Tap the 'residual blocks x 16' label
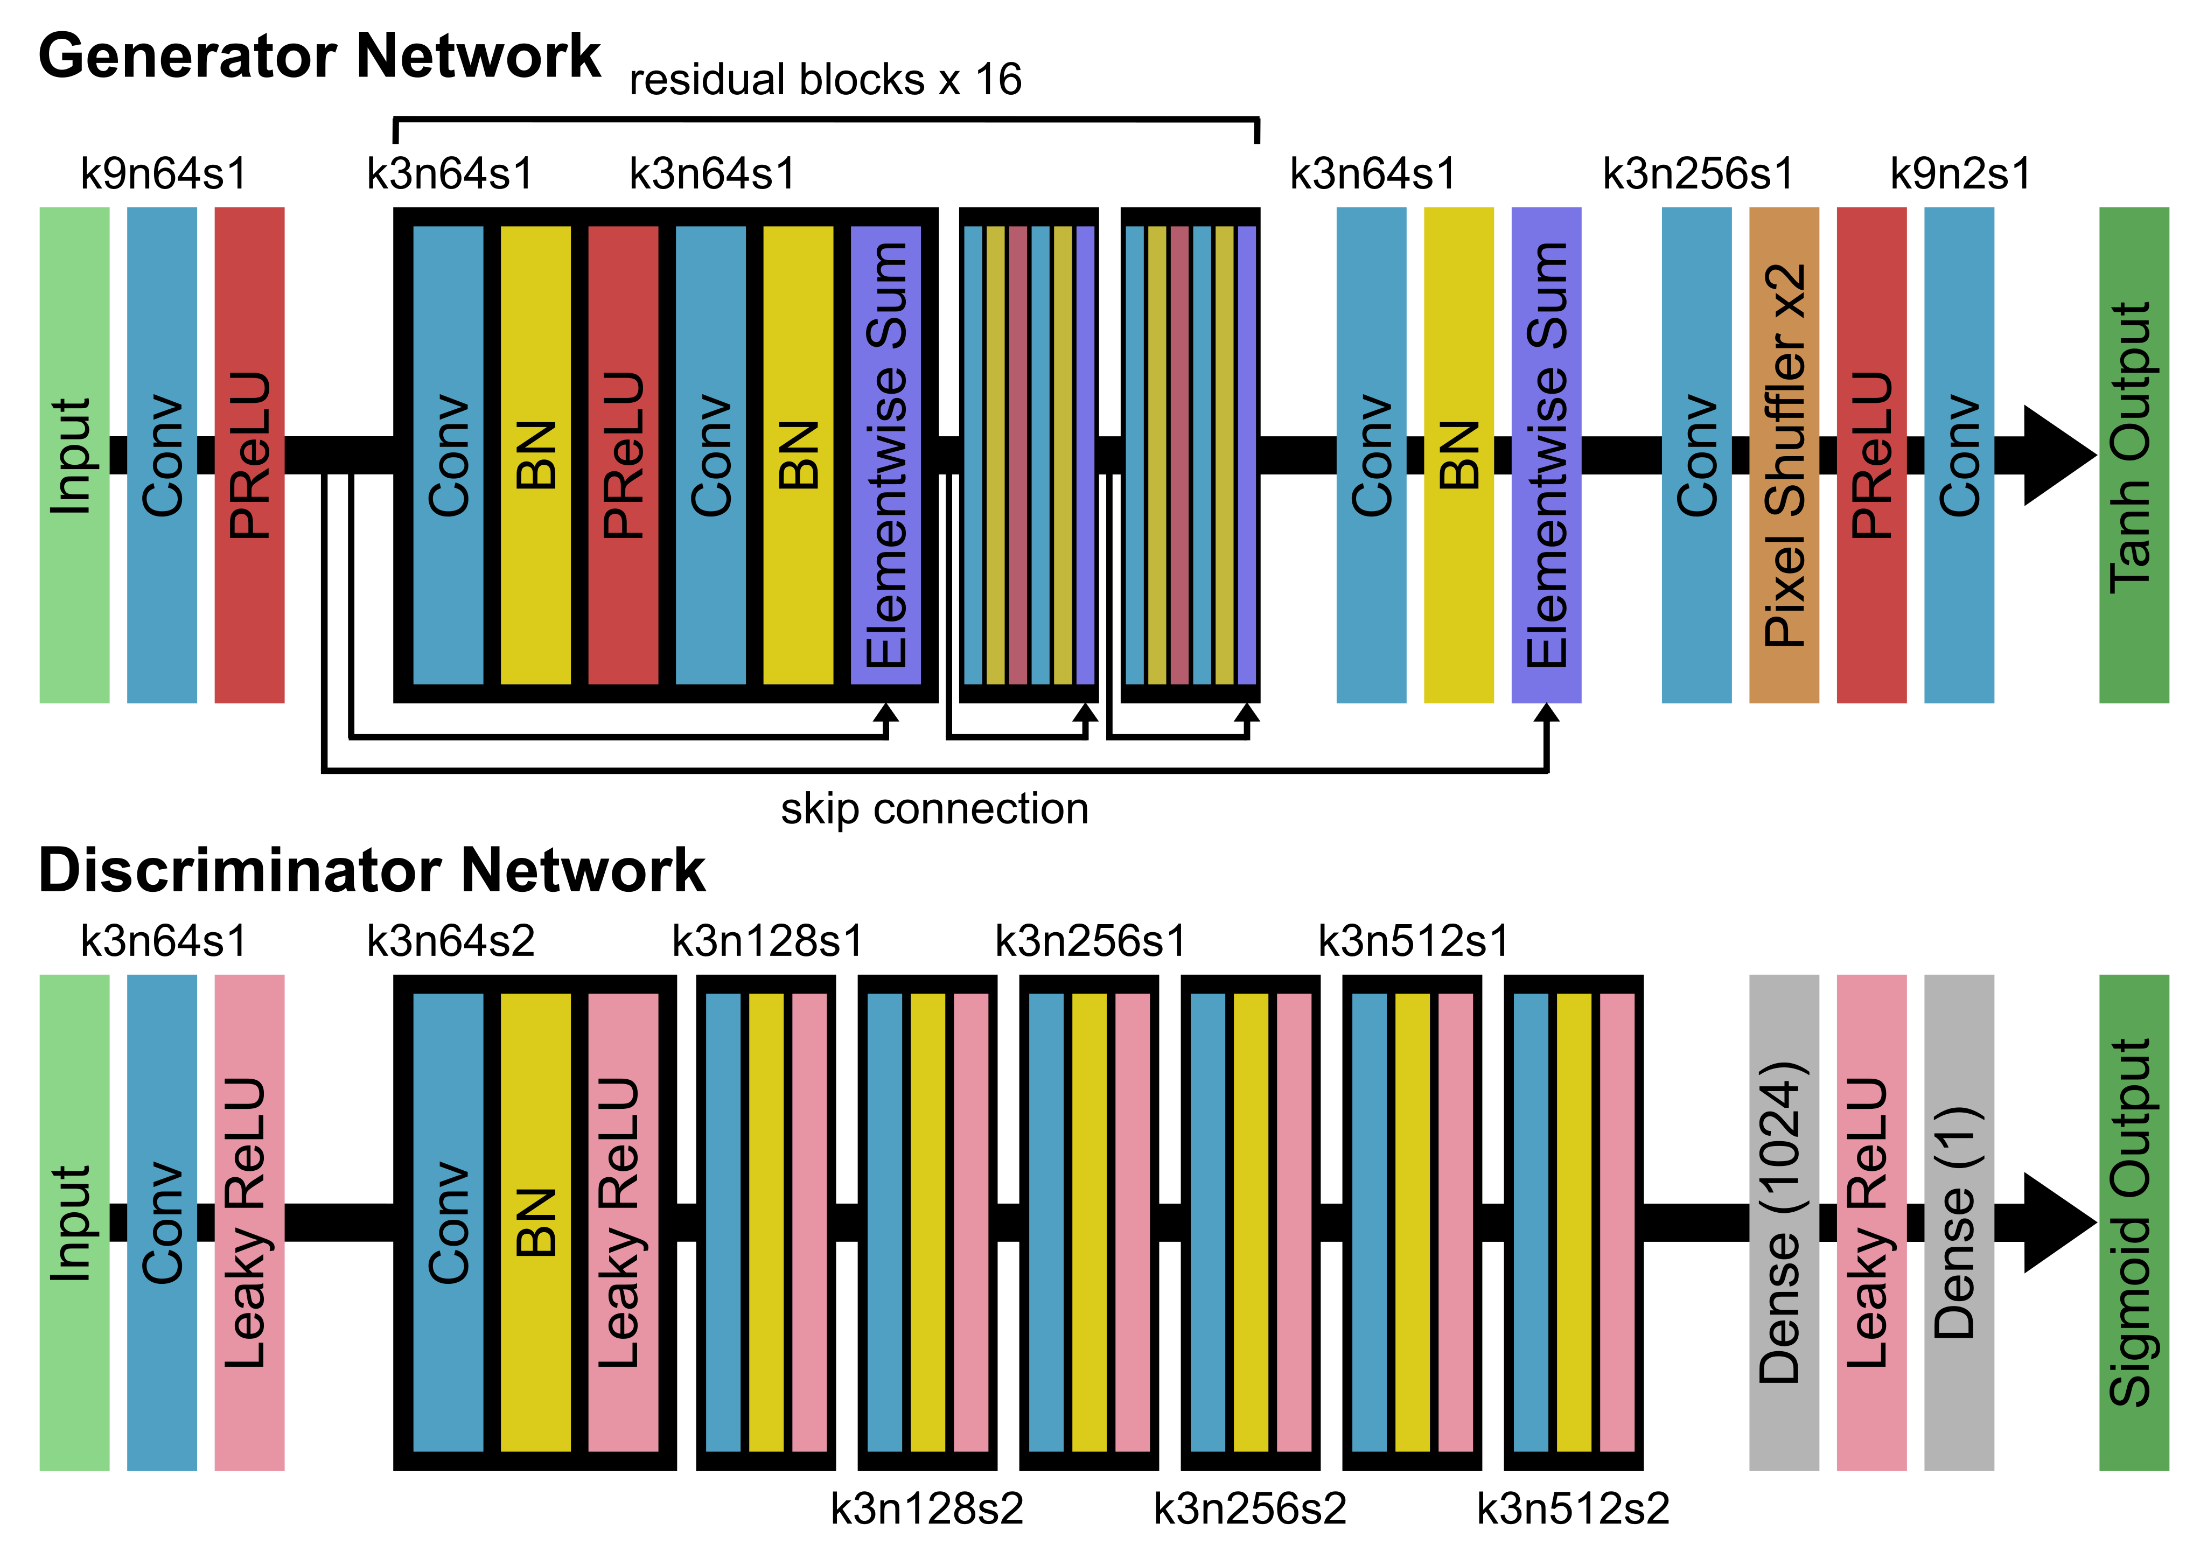point(825,80)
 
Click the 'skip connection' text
point(934,808)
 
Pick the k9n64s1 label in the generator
point(163,174)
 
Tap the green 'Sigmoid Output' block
point(2134,1222)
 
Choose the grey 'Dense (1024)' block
point(1784,1222)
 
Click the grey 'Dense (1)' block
point(1959,1222)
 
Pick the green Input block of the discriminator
point(74,1222)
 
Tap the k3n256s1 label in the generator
point(1698,174)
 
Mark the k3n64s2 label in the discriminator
point(451,941)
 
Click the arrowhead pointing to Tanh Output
point(2057,456)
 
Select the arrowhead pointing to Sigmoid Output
point(2057,1222)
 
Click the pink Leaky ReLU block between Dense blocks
point(1871,1222)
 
